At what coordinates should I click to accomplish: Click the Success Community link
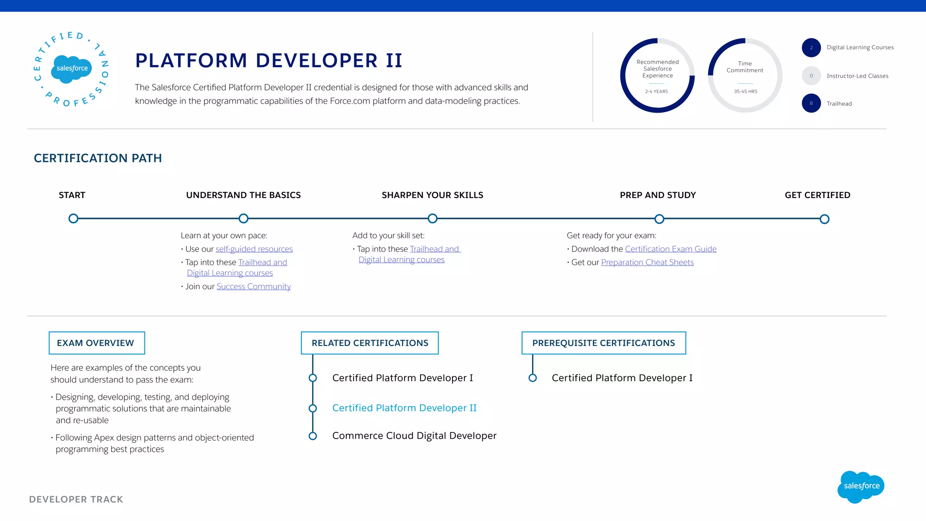[x=253, y=286]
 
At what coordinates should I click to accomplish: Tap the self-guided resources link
[x=254, y=249]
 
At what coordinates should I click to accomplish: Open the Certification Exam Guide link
[x=671, y=249]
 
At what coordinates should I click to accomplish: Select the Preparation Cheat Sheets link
[x=647, y=262]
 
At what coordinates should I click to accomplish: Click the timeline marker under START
[x=73, y=218]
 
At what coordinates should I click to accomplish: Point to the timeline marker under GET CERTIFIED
[x=824, y=219]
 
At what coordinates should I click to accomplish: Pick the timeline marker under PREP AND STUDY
[x=659, y=219]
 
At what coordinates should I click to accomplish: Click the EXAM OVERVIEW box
[x=96, y=343]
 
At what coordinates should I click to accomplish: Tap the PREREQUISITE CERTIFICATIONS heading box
[x=603, y=343]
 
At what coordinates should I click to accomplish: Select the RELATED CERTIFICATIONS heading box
[x=369, y=343]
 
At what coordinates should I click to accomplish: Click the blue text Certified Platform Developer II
[x=404, y=408]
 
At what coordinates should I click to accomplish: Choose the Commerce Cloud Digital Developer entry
[x=414, y=436]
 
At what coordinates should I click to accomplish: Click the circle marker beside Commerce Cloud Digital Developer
[x=312, y=436]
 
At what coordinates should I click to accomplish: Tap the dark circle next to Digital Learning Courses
[x=811, y=47]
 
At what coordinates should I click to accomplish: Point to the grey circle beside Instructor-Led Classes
[x=811, y=76]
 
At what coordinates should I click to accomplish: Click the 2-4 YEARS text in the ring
[x=656, y=91]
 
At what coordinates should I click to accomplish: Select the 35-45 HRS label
[x=745, y=91]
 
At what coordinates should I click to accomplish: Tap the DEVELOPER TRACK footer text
[x=76, y=499]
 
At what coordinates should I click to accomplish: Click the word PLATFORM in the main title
[x=191, y=61]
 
